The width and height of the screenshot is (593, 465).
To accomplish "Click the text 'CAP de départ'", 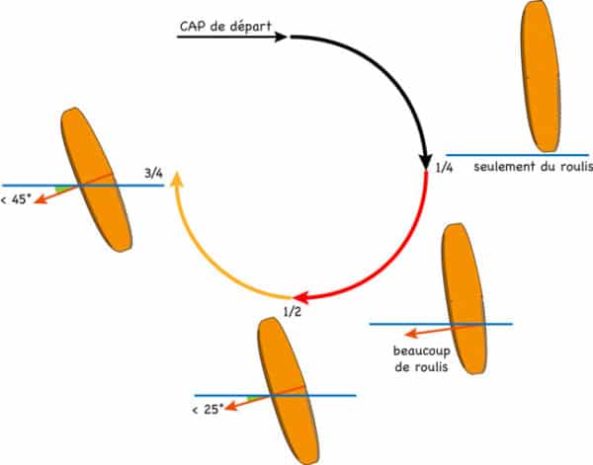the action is click(225, 27).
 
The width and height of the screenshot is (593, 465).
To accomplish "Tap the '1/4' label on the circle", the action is click(444, 167).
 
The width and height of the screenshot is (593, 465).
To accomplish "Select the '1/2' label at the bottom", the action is click(293, 312).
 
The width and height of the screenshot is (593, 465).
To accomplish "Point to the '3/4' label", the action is click(153, 174).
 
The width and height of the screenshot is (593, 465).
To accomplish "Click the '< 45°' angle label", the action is click(16, 199).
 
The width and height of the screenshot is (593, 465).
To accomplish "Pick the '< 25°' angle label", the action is click(208, 409).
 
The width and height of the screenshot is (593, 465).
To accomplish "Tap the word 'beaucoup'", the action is click(422, 351).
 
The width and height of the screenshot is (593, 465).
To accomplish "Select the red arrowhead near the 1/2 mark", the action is click(301, 297).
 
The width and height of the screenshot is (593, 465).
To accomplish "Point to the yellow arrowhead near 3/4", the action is click(177, 179).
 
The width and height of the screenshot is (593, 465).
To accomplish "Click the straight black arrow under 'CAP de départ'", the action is click(232, 37).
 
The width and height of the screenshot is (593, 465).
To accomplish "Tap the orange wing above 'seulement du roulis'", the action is click(540, 76).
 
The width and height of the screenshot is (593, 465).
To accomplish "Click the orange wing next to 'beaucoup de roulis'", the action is click(464, 298).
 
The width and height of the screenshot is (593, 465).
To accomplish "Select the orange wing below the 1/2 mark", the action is click(289, 391).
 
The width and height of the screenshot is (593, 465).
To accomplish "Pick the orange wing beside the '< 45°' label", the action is click(97, 180).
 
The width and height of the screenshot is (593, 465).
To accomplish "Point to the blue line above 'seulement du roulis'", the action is click(517, 155).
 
